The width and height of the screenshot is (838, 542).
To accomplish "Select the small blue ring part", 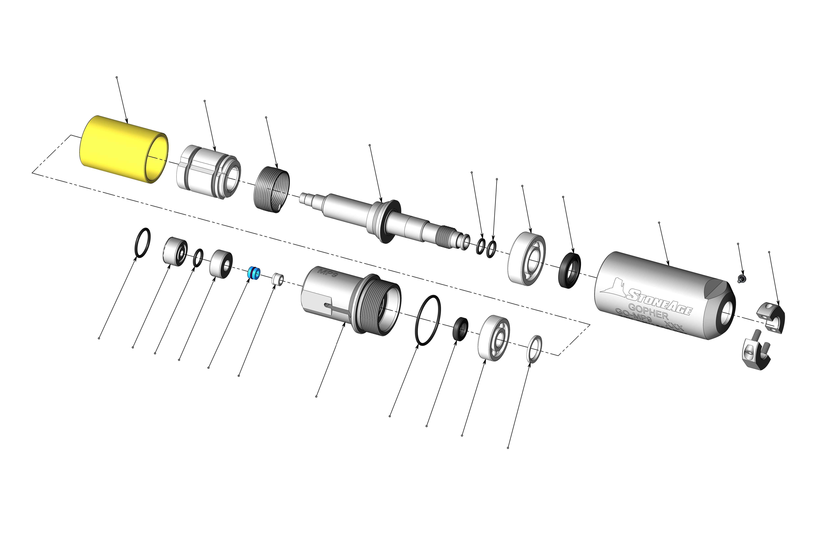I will point(254,273).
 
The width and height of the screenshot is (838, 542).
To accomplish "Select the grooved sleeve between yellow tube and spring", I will point(208,172).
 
